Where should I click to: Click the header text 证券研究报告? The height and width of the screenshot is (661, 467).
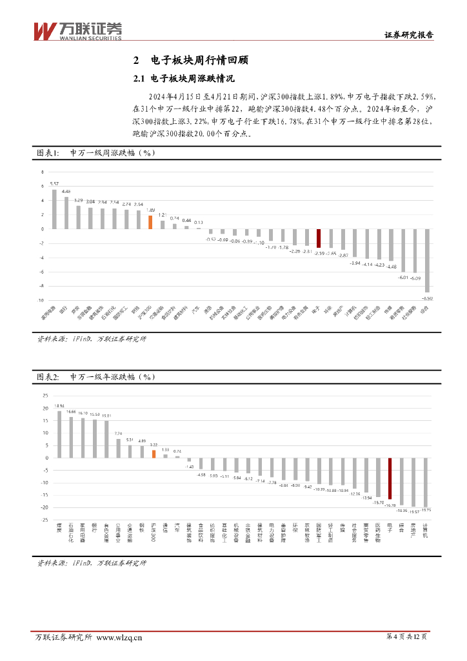[x=409, y=36]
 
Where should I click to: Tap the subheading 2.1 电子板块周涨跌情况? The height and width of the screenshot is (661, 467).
[x=183, y=79]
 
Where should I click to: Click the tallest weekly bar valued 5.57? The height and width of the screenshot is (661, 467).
[x=54, y=208]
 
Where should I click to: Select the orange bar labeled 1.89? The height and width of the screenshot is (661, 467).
[x=150, y=222]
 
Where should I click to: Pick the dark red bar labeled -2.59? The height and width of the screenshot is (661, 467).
[x=318, y=238]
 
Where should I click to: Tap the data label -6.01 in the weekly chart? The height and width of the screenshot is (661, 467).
[x=402, y=277]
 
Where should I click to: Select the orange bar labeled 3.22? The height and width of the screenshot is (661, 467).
[x=154, y=453]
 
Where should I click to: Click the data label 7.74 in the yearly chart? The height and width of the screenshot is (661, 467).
[x=118, y=434]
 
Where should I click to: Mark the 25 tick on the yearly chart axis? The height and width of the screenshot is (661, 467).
[x=45, y=396]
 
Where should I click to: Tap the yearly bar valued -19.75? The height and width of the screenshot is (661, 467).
[x=426, y=482]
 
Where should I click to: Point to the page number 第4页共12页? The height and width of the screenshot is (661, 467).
[x=406, y=638]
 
